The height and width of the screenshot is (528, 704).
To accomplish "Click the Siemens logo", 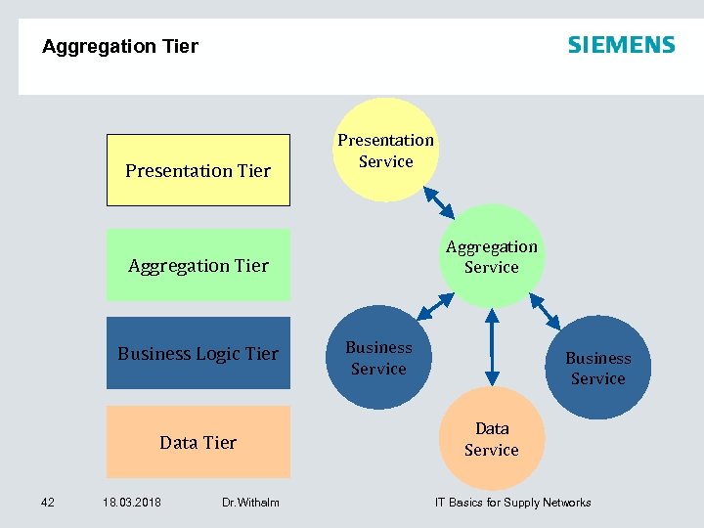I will [x=621, y=45].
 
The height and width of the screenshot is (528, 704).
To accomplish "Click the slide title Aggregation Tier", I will [x=120, y=47].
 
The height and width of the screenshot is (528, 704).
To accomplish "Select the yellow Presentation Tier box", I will [x=198, y=170].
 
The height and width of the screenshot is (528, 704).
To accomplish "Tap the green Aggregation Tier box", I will [x=198, y=265].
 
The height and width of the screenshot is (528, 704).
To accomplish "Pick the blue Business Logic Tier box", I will [x=198, y=353].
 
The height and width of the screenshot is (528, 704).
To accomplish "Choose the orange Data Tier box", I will [x=198, y=442].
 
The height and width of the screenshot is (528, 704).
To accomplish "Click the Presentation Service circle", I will [x=385, y=151].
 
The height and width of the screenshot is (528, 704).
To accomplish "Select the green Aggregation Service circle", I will [x=491, y=256].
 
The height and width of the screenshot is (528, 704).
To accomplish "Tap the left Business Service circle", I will [x=377, y=358].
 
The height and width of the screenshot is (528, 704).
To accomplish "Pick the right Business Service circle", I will [x=597, y=368].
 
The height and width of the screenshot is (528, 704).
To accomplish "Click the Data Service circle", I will [x=491, y=439].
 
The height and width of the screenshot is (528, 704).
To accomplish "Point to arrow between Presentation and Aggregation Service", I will [x=438, y=202].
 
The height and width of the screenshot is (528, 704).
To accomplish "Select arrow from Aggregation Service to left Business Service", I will [x=430, y=307].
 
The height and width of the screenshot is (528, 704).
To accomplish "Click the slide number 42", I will [x=48, y=503].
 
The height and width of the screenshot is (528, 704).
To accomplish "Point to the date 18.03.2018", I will [x=132, y=503].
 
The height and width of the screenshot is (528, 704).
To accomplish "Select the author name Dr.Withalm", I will [x=250, y=503].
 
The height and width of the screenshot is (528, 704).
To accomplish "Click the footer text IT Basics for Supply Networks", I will [x=512, y=503].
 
